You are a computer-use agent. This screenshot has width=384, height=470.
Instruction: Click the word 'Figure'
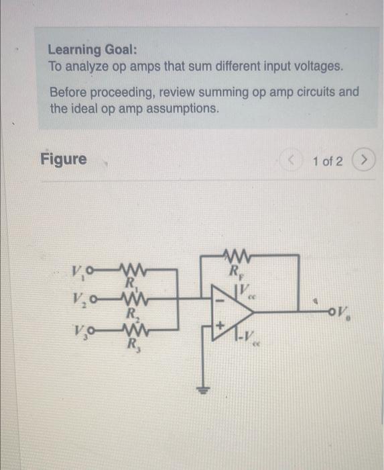point(64,159)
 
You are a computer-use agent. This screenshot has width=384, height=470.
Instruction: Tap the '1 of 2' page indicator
point(327,162)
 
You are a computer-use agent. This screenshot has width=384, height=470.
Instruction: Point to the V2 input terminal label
point(78,301)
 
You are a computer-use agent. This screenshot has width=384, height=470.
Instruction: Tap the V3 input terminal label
point(78,330)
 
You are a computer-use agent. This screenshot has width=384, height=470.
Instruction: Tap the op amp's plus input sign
point(218,326)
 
